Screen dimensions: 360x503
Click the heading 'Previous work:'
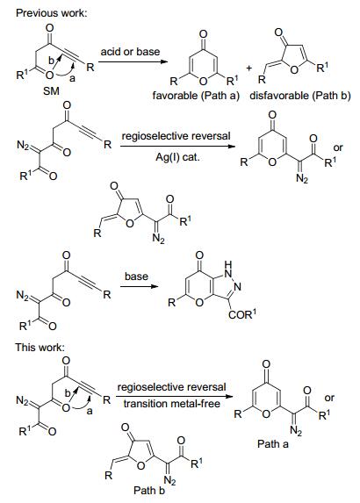click(51, 13)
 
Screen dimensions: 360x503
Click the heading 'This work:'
click(40, 348)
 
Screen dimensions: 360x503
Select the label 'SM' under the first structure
click(51, 91)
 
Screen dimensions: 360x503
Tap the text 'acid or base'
click(130, 52)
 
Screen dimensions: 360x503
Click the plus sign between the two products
click(249, 68)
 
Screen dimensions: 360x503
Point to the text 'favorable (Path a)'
click(196, 96)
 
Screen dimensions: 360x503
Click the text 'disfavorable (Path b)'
click(300, 96)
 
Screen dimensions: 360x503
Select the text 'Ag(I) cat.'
click(177, 157)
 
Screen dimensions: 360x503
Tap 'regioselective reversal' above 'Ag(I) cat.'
click(176, 136)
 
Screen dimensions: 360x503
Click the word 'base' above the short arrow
click(136, 277)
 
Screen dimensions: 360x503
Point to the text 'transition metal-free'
click(172, 404)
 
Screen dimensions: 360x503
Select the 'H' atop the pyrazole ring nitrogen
click(227, 264)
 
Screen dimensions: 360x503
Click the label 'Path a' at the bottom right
click(273, 444)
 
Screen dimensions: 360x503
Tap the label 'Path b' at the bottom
click(149, 491)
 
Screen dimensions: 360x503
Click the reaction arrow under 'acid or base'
click(133, 61)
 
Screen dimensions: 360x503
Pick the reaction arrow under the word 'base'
click(140, 286)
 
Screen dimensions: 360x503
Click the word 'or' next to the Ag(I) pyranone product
click(338, 147)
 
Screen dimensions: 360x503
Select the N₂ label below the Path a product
click(296, 431)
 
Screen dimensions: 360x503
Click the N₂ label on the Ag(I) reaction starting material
click(23, 146)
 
